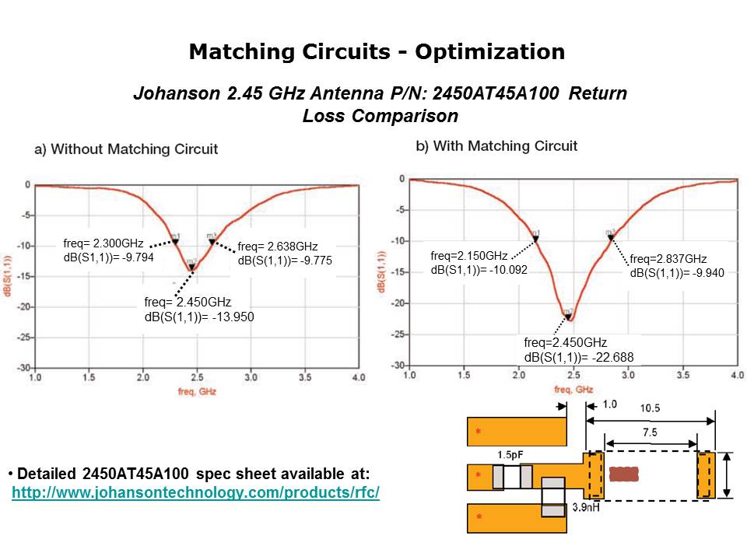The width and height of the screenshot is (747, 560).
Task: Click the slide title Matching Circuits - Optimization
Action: [377, 52]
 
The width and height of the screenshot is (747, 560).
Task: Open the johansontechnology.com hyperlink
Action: [195, 493]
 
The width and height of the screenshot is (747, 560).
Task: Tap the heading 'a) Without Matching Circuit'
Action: [126, 149]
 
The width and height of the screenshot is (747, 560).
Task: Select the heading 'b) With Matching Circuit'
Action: [497, 145]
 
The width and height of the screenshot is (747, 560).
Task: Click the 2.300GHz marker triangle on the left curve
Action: [176, 242]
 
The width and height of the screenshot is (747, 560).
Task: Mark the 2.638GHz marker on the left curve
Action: [212, 241]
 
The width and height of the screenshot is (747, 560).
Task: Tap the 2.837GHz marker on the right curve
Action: [611, 236]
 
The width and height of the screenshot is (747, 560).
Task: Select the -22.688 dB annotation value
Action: [613, 357]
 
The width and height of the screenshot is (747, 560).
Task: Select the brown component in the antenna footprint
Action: [623, 474]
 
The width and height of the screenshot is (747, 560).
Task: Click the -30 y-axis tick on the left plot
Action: [25, 367]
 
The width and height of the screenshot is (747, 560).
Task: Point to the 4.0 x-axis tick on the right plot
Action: [737, 375]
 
